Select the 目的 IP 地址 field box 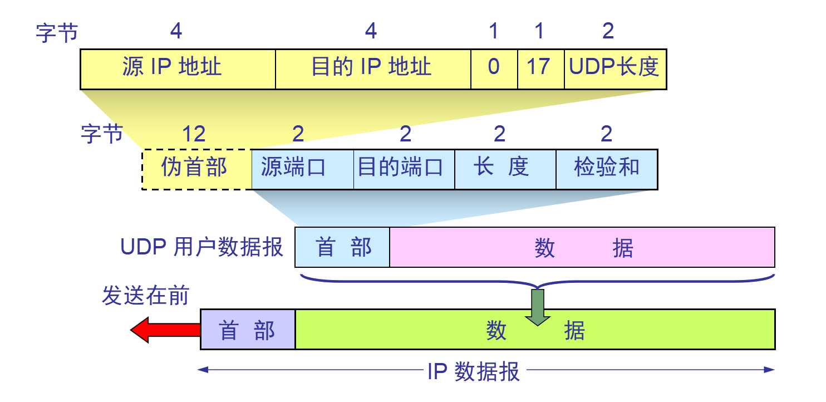[373, 68]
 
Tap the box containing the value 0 [494, 68]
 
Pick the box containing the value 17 [541, 68]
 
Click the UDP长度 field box [615, 68]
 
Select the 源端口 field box [303, 169]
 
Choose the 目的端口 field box [404, 169]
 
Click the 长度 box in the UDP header [505, 169]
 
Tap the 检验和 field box [607, 169]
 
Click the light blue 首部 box [342, 247]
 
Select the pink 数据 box [582, 247]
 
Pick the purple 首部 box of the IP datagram [248, 330]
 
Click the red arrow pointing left [165, 330]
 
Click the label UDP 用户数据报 [202, 247]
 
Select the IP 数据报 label [474, 370]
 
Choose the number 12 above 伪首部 [194, 134]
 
